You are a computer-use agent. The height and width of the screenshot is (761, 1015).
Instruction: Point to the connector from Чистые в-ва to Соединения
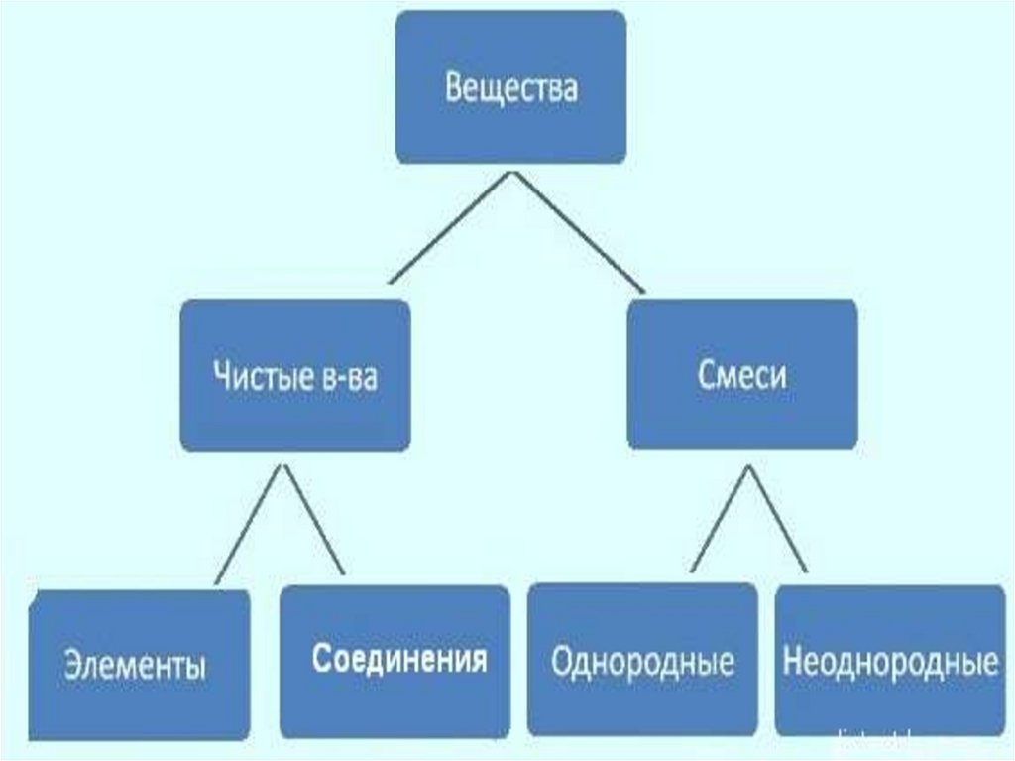[315, 521]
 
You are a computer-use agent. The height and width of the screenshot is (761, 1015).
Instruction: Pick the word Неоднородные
[890, 662]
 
